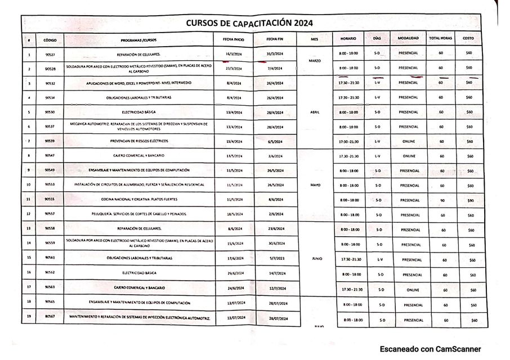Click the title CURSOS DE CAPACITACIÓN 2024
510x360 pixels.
click(249, 23)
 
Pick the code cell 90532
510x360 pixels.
click(50, 83)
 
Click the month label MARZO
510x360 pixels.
click(315, 60)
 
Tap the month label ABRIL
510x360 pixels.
click(315, 112)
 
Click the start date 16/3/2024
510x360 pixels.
click(232, 53)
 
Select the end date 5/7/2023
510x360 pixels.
click(278, 259)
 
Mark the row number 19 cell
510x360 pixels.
click(28, 318)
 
